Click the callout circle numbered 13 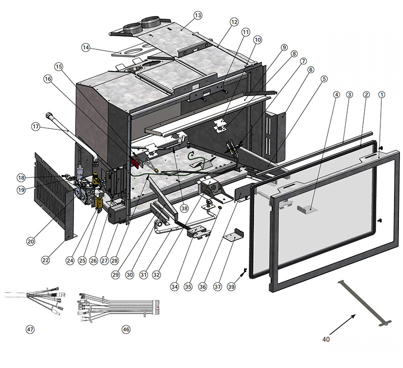(x=197, y=16)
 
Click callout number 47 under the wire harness (x=30, y=329)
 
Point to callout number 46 (x=126, y=329)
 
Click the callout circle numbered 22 (x=46, y=260)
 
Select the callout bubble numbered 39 (x=231, y=286)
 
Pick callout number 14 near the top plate (x=86, y=48)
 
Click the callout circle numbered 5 (x=323, y=79)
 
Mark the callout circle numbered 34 (x=174, y=286)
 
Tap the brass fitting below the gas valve (x=99, y=204)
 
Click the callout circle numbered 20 (x=30, y=242)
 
